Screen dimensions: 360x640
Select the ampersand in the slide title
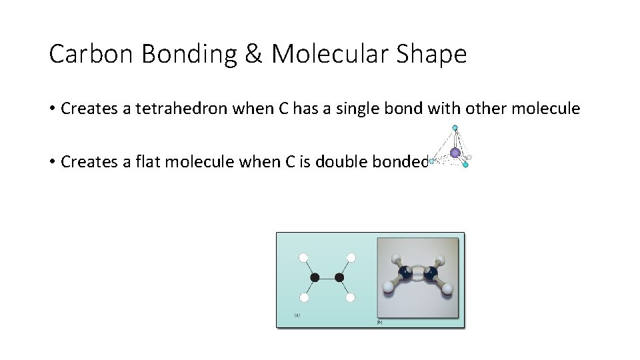[253, 54]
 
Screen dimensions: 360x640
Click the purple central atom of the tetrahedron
[455, 153]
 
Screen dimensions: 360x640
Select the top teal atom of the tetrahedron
[455, 127]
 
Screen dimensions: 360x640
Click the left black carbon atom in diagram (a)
[315, 277]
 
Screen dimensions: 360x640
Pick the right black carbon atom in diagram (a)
[339, 277]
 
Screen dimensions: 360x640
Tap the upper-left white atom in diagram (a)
[303, 257]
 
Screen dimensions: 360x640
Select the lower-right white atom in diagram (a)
[351, 297]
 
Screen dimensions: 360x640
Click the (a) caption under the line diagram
[297, 315]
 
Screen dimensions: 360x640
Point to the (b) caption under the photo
[380, 322]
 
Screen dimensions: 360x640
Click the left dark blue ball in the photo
[405, 273]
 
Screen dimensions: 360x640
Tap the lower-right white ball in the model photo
[448, 289]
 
